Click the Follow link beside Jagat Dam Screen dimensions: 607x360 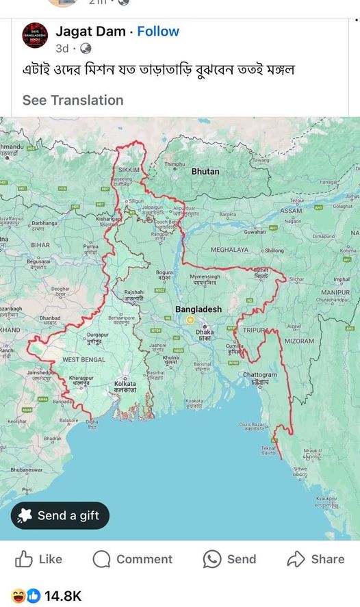158,31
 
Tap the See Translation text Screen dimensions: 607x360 73,100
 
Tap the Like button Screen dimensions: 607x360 39,559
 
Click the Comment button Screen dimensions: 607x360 133,559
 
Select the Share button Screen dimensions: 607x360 316,559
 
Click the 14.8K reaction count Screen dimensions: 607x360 63,596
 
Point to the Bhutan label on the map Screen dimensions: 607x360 205,172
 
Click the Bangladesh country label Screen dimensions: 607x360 198,309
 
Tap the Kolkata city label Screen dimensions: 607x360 125,384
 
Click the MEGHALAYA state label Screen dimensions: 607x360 229,250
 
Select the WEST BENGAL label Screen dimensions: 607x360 83,359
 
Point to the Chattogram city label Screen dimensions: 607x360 260,375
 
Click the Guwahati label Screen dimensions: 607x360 255,233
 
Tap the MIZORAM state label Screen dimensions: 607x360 299,341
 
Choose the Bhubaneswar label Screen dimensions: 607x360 27,470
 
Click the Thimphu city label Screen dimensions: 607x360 175,164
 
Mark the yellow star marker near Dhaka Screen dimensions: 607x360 190,320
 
